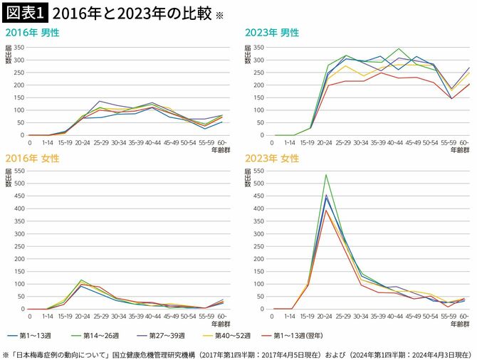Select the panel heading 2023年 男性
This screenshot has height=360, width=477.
click(x=272, y=33)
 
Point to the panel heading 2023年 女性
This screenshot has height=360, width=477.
click(x=272, y=159)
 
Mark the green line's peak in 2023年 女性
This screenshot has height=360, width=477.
click(x=325, y=175)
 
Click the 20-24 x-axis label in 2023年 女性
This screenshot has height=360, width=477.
click(x=325, y=316)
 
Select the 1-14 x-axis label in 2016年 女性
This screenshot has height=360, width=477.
click(x=47, y=316)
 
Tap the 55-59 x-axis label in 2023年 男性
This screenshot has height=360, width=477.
click(x=447, y=142)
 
